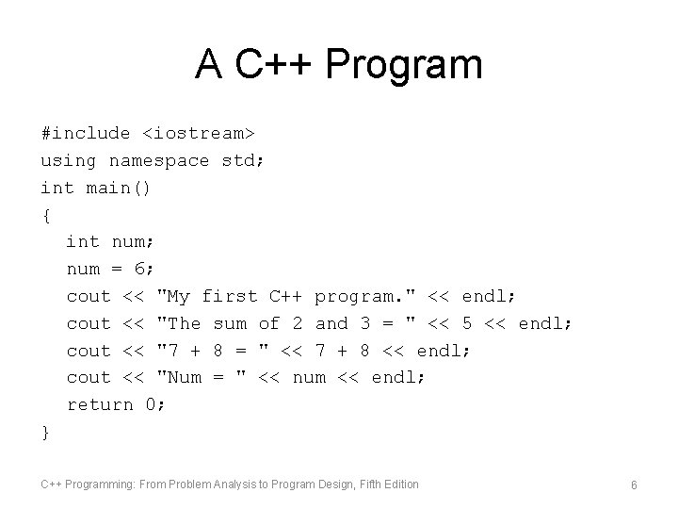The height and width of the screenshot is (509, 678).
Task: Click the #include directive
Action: (x=86, y=134)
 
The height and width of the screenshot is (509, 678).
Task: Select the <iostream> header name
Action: (x=199, y=134)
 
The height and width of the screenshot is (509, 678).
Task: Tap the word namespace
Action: (x=159, y=161)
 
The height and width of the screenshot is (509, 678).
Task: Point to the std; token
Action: (x=243, y=161)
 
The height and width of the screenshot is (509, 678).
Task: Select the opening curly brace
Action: (x=46, y=215)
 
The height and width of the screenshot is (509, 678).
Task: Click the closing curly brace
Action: (x=46, y=432)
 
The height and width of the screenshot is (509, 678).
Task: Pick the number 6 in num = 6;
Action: (x=141, y=270)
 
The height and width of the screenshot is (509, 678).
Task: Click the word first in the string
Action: (x=230, y=296)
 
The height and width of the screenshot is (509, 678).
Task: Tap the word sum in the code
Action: (x=230, y=323)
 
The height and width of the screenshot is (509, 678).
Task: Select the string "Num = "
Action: (x=202, y=378)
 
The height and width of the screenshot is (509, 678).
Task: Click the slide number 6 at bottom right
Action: (x=635, y=484)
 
